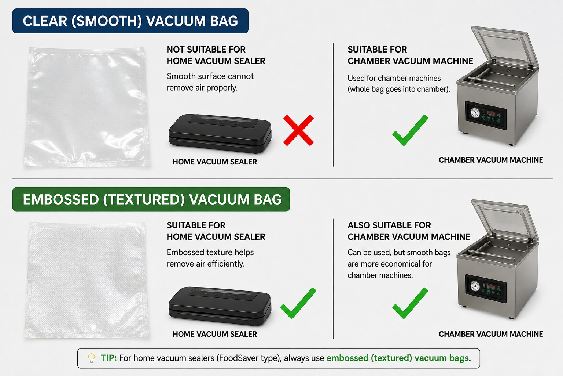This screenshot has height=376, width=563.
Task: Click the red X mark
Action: pyautogui.click(x=298, y=130)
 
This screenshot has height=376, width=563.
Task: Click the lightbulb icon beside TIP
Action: pyautogui.click(x=92, y=358)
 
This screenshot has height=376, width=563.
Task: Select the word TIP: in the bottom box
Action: pyautogui.click(x=108, y=358)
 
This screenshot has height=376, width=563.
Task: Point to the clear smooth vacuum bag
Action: pyautogui.click(x=87, y=106)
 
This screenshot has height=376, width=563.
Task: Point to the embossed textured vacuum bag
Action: pyautogui.click(x=87, y=279)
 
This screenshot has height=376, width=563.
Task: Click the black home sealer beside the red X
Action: pyautogui.click(x=220, y=134)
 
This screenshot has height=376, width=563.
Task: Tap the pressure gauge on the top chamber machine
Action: pyautogui.click(x=475, y=113)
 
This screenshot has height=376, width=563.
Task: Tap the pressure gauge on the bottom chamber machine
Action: pyautogui.click(x=475, y=286)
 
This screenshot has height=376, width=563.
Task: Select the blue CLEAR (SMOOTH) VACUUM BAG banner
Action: pyautogui.click(x=130, y=21)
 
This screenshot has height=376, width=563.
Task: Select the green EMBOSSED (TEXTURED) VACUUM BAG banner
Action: pyautogui.click(x=151, y=199)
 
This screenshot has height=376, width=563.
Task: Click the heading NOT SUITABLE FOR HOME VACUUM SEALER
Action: pyautogui.click(x=216, y=55)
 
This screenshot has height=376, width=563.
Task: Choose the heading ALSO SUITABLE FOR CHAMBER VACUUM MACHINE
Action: pyautogui.click(x=409, y=231)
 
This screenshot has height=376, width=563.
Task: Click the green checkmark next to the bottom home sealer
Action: pyautogui.click(x=298, y=303)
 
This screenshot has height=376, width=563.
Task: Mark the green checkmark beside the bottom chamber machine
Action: pyautogui.click(x=410, y=303)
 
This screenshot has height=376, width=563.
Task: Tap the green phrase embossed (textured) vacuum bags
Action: pyautogui.click(x=397, y=358)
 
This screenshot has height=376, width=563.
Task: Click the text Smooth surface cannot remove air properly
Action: pyautogui.click(x=210, y=82)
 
